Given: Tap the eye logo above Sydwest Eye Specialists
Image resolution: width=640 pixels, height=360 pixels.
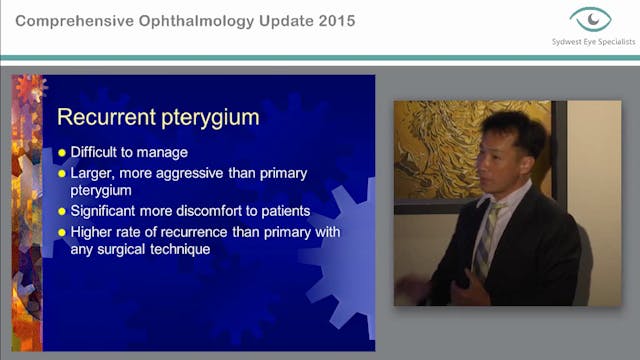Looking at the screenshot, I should click(x=591, y=19).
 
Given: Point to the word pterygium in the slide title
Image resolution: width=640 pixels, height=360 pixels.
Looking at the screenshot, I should click(x=209, y=118).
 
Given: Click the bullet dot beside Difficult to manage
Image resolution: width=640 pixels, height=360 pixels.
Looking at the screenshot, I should click(x=61, y=153).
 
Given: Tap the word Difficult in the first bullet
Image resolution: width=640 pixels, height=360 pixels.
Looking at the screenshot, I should click(x=99, y=153).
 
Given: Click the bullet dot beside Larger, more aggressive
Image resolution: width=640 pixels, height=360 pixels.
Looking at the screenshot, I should click(x=61, y=173).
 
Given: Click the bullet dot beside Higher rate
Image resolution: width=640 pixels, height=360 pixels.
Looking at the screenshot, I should click(x=61, y=232).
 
